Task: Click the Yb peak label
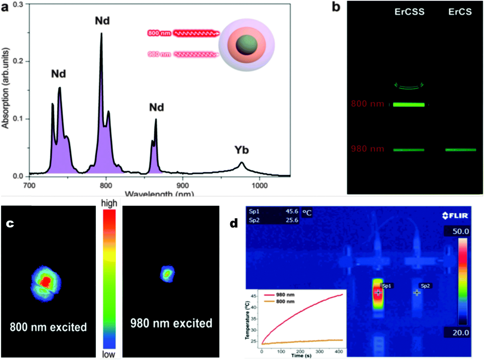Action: pyautogui.click(x=242, y=150)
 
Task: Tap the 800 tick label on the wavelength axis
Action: pyautogui.click(x=106, y=186)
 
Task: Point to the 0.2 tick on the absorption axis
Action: pyautogui.click(x=18, y=61)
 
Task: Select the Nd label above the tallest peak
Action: pyautogui.click(x=102, y=21)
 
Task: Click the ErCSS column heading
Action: pyautogui.click(x=409, y=12)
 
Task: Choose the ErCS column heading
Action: pyautogui.click(x=460, y=12)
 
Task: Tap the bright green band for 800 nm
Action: pyautogui.click(x=409, y=105)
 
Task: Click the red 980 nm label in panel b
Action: pyautogui.click(x=367, y=149)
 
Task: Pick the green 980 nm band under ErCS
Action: pyautogui.click(x=460, y=150)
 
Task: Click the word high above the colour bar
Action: pyautogui.click(x=109, y=203)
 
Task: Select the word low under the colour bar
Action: pyautogui.click(x=108, y=354)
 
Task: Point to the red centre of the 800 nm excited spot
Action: pyautogui.click(x=45, y=281)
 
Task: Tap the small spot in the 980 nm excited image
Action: pyautogui.click(x=167, y=274)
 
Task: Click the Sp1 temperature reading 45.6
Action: pyautogui.click(x=292, y=211)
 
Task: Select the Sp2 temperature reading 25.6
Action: pyautogui.click(x=292, y=220)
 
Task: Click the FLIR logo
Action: pyautogui.click(x=455, y=216)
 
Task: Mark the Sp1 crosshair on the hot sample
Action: pyautogui.click(x=378, y=292)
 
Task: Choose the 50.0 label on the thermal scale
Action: pyautogui.click(x=460, y=232)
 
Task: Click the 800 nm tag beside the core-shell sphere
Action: pyautogui.click(x=159, y=33)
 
